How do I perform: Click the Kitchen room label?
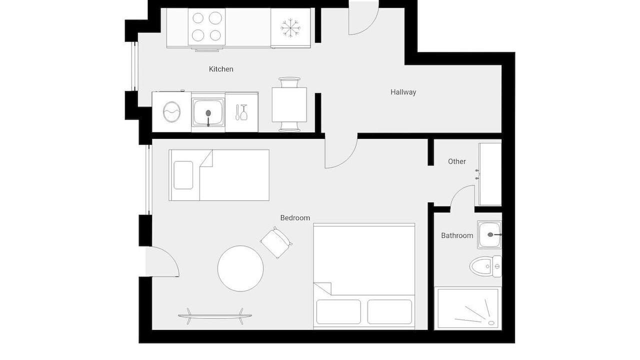point(221,69)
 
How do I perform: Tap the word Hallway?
point(403,92)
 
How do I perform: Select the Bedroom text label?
point(295,218)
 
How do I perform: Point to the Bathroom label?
point(457,235)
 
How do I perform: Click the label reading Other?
point(457,161)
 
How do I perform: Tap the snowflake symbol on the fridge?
point(290,28)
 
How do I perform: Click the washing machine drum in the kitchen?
point(171,111)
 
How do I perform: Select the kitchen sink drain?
point(208,113)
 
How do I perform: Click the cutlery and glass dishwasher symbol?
point(241,112)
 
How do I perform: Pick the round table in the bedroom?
point(240,268)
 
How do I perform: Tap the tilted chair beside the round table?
point(276,242)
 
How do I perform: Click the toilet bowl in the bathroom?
point(481,266)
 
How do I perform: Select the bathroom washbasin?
point(489,234)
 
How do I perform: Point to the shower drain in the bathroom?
point(491,323)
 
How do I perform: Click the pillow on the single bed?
point(183,175)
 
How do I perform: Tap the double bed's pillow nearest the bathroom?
point(389,311)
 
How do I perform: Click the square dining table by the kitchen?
point(289,104)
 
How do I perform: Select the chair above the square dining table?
point(289,82)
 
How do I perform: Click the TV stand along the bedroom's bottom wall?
point(215,316)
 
